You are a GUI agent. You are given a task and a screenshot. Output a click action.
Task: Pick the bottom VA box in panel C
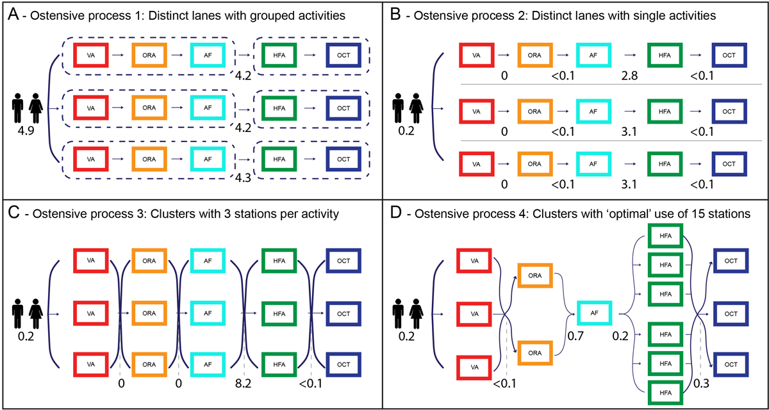[92, 364]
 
